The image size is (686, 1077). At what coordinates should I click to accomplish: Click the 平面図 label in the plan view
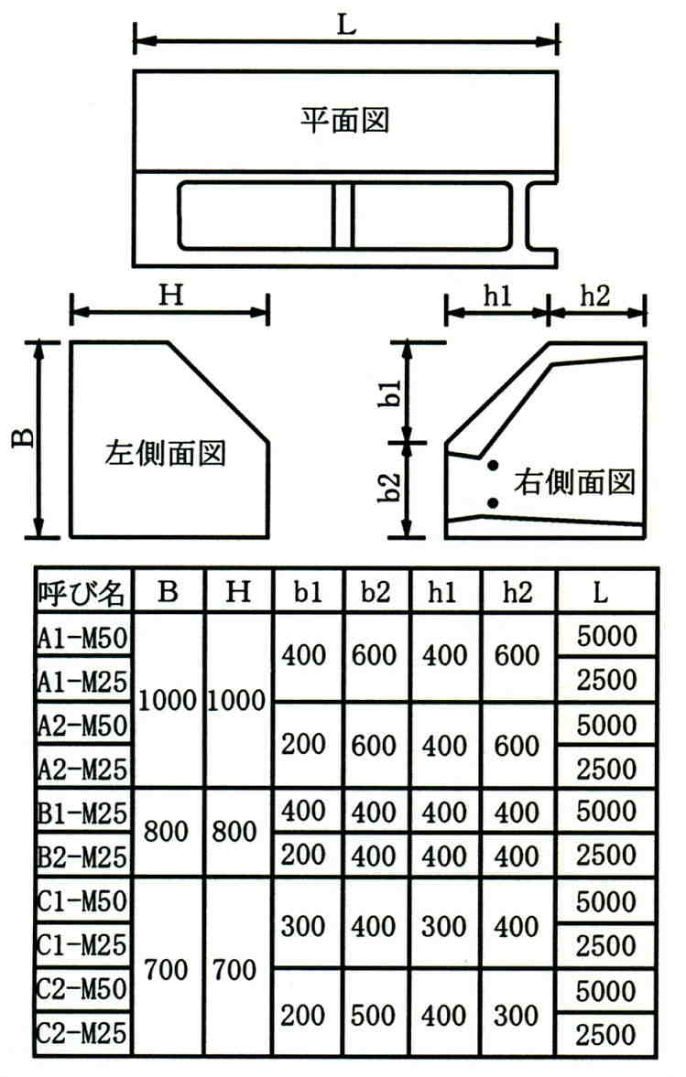(345, 120)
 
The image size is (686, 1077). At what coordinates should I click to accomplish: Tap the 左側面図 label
(165, 453)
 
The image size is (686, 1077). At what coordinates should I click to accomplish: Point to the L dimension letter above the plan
(345, 25)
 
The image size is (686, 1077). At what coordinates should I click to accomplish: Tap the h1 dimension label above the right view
(497, 295)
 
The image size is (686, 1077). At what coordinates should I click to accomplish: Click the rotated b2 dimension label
(392, 490)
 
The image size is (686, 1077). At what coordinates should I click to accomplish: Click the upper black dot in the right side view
(493, 467)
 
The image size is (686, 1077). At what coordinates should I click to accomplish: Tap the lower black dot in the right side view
(493, 502)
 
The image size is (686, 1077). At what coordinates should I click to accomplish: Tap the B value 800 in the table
(166, 832)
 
